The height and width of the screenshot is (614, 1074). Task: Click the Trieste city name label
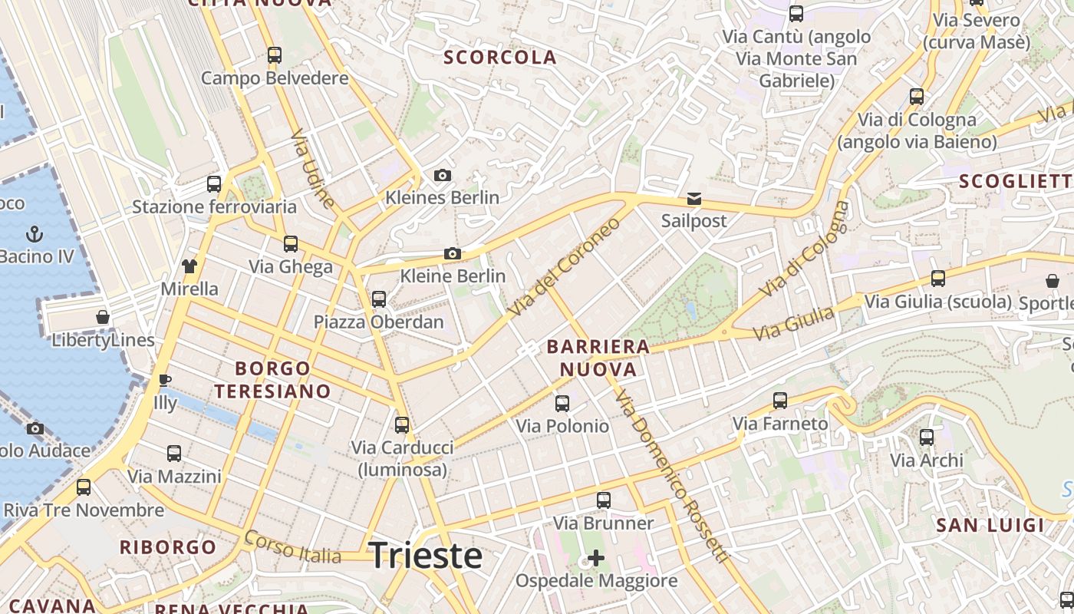[x=426, y=556]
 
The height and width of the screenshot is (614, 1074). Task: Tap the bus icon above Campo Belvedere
[x=275, y=55]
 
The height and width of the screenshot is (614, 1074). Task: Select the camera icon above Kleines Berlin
[x=442, y=176]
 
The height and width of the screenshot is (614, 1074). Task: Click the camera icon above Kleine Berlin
[x=453, y=254]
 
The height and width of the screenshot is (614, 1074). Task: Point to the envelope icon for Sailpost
[x=694, y=200]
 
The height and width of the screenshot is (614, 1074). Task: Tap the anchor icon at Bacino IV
[x=35, y=234]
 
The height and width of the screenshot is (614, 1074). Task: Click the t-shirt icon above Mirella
[x=189, y=266]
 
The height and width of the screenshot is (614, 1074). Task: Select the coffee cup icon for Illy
[x=165, y=380]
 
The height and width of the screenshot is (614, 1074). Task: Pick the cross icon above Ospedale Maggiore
[x=596, y=558]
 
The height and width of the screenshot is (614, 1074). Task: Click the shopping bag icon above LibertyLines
[x=103, y=317]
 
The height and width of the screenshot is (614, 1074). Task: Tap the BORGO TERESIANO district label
[x=272, y=380]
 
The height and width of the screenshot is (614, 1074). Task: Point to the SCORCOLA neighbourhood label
[x=500, y=58]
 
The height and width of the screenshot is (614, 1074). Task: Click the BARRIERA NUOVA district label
[x=598, y=358]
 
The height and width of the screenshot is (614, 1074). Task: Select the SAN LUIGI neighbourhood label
[x=990, y=526]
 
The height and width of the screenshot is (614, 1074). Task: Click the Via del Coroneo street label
[x=564, y=267]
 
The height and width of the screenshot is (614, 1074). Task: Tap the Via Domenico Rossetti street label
[x=670, y=476]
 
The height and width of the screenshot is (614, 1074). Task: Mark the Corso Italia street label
[x=292, y=546]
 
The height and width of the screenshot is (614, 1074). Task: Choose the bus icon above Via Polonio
[x=562, y=404]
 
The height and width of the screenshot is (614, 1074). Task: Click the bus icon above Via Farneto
[x=780, y=401]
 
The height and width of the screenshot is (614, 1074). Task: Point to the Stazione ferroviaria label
[x=214, y=206]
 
